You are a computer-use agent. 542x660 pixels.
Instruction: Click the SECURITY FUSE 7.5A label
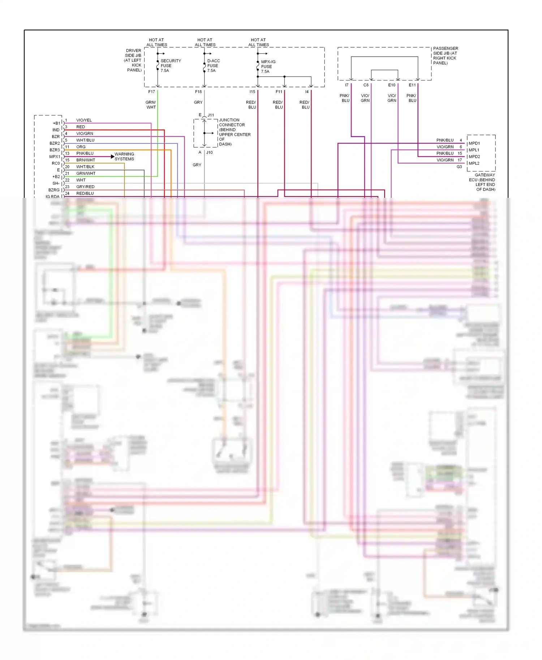point(170,66)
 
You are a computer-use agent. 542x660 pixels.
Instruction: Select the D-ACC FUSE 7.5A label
point(213,66)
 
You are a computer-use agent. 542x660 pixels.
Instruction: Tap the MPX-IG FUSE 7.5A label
point(268,67)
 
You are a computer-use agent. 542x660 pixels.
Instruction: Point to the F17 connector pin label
point(151,92)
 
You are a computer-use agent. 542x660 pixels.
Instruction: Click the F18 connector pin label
point(198,92)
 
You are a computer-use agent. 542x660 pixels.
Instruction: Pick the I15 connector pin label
point(252,92)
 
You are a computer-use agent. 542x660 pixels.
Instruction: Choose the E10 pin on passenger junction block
point(392,85)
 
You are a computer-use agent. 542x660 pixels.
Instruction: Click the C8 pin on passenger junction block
point(366,85)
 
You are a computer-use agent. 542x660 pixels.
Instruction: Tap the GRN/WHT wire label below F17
point(151,105)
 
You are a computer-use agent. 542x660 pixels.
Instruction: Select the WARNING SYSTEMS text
point(124,157)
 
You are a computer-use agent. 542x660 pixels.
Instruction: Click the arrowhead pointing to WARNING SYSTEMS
point(112,157)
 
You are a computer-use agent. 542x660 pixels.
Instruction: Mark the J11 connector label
point(211,115)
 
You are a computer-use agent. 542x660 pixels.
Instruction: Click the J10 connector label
point(210,153)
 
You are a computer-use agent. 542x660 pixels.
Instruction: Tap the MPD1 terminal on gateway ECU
point(474,143)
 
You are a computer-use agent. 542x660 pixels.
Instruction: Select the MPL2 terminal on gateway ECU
point(474,163)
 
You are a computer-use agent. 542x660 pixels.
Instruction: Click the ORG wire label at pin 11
point(81,147)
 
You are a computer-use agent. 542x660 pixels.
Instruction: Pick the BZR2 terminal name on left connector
point(55,143)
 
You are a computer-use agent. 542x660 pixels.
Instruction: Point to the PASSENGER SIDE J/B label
point(445,56)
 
